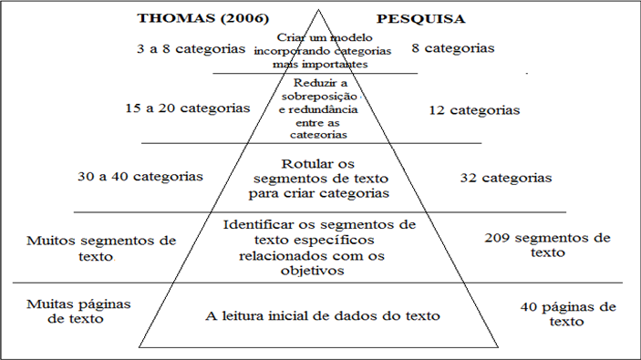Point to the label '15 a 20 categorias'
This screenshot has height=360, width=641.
[188, 108]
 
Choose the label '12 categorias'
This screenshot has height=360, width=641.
[474, 110]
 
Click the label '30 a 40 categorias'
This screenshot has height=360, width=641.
[140, 177]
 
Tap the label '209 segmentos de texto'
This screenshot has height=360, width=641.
[545, 244]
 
